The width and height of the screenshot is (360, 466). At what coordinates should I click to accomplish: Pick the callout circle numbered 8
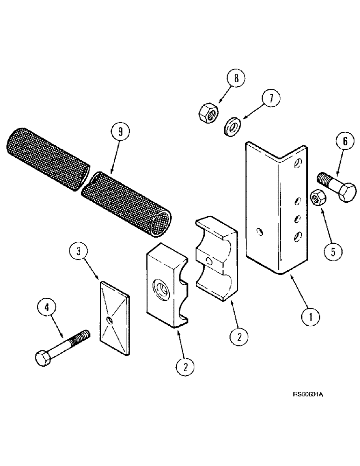[237, 79]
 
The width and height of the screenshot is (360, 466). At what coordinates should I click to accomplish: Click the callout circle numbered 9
[120, 132]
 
